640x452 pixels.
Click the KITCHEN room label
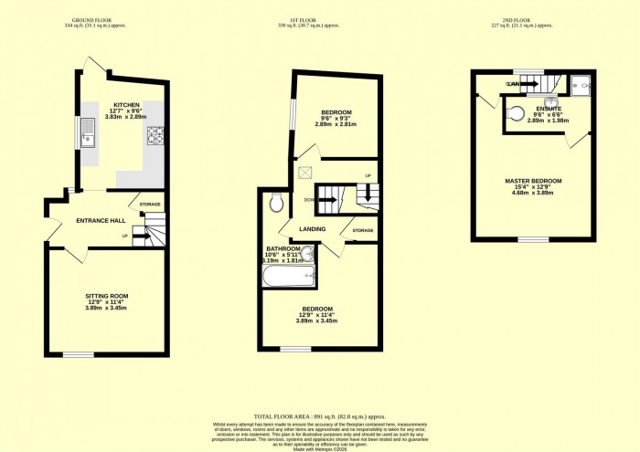click(126, 105)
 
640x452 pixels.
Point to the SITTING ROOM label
click(107, 296)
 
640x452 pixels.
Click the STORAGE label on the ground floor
click(150, 205)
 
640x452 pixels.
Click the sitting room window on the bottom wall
click(78, 354)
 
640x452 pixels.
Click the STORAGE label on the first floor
click(362, 230)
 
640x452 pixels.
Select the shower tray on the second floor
click(581, 86)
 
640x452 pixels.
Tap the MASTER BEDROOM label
click(533, 181)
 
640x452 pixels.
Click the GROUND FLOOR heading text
click(99, 18)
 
